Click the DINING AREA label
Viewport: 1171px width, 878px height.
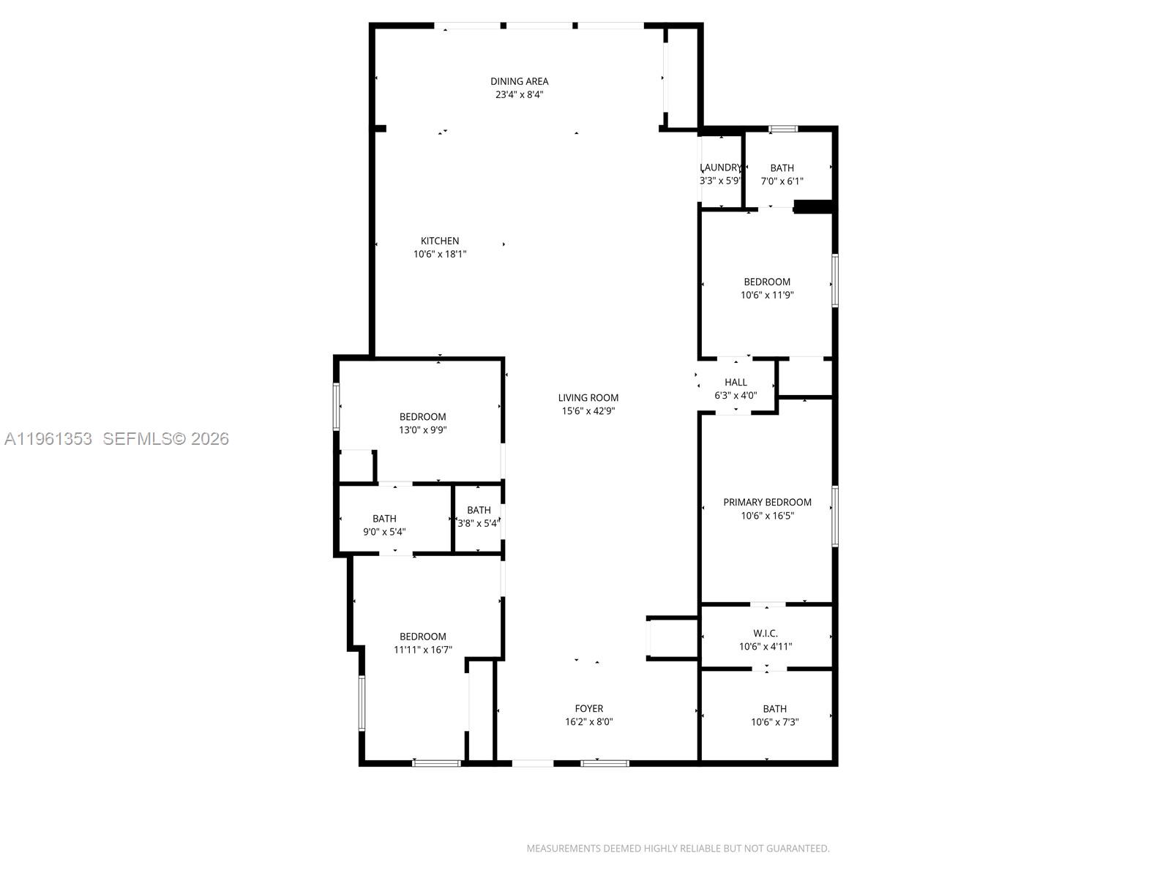(519, 81)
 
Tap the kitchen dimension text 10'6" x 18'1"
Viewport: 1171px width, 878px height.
(440, 254)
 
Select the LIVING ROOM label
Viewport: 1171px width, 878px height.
(588, 397)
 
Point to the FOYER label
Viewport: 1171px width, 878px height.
(588, 708)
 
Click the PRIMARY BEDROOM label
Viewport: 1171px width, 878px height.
(767, 502)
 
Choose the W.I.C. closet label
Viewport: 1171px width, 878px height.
(766, 633)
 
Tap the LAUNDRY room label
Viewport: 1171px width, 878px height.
(721, 168)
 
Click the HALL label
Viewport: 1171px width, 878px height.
(736, 382)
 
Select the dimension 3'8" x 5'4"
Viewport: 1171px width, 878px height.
(478, 523)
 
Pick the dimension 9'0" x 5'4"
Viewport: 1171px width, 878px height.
(384, 532)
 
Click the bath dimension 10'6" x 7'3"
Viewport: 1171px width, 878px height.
(774, 721)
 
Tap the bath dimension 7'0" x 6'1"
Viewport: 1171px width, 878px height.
(782, 181)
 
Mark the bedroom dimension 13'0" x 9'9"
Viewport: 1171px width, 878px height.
(422, 430)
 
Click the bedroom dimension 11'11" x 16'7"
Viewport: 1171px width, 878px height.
(422, 649)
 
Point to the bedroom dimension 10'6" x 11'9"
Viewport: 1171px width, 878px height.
(767, 295)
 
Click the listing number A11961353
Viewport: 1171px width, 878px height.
(48, 438)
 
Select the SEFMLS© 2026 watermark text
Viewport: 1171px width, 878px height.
(165, 438)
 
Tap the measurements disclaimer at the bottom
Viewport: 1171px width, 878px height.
(678, 849)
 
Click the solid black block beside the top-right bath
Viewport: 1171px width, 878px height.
(813, 207)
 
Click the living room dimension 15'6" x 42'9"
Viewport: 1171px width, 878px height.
(588, 410)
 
